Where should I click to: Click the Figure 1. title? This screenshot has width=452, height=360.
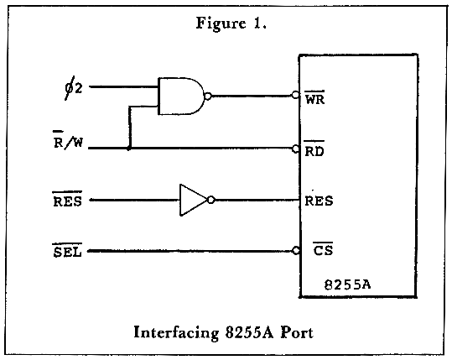(x=231, y=23)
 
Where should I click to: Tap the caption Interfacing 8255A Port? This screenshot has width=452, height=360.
(x=223, y=332)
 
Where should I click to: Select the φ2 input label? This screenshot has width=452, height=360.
(x=73, y=88)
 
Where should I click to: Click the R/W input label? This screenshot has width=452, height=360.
(x=68, y=140)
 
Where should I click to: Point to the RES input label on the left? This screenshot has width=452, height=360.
(x=67, y=199)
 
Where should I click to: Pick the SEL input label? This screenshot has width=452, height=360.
(x=67, y=250)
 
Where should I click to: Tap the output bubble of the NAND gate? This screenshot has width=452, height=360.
(x=208, y=96)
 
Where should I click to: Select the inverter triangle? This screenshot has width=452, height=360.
(x=193, y=200)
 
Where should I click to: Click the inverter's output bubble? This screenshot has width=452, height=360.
(x=211, y=200)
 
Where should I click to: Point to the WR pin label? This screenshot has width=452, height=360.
(x=314, y=98)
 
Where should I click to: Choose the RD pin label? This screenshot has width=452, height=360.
(x=314, y=149)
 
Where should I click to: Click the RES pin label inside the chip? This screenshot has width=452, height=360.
(x=319, y=201)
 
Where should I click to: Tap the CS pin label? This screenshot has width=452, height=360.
(x=323, y=249)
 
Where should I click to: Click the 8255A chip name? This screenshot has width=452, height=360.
(x=347, y=284)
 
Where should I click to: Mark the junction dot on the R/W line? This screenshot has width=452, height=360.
(x=129, y=149)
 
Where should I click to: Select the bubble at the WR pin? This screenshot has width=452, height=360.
(x=295, y=95)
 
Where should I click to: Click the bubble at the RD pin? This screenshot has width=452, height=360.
(x=295, y=149)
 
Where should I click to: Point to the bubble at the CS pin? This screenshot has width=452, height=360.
(x=296, y=251)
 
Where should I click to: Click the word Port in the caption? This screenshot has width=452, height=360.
(x=297, y=332)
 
